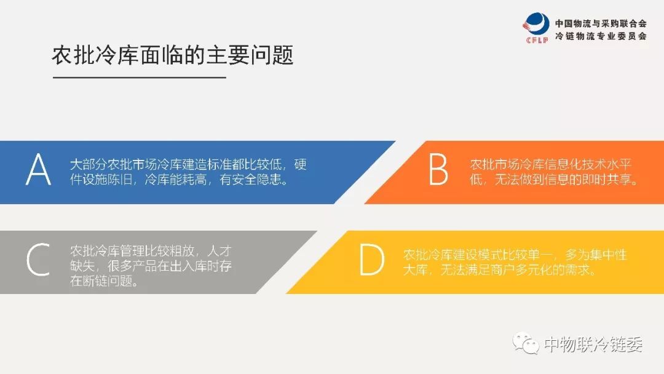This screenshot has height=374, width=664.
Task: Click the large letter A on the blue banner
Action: (38, 169)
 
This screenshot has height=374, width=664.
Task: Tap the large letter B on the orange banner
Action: (438, 169)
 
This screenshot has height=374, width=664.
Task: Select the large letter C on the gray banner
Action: (38, 259)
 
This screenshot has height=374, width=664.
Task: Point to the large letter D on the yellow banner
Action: (371, 259)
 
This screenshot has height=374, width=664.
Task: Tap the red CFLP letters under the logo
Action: (537, 40)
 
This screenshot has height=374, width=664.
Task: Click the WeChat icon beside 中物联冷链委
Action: (525, 343)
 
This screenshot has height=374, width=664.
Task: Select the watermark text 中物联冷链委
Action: (593, 344)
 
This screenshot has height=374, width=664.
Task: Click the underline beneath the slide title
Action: (140, 78)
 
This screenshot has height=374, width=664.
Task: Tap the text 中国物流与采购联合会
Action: (601, 23)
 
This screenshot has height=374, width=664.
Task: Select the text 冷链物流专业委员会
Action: (601, 36)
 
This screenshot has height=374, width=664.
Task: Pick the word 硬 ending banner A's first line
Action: (300, 164)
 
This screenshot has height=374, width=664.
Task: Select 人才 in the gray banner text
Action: (219, 251)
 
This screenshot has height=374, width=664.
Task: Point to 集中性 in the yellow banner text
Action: (608, 255)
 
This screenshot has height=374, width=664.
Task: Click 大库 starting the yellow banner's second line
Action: (416, 269)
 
